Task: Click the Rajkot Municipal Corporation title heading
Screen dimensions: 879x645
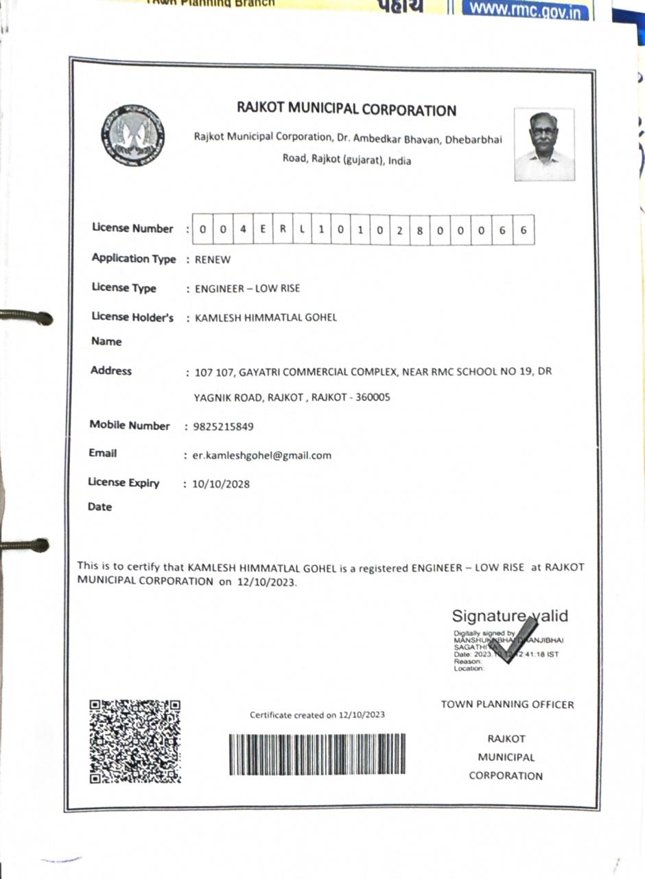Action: [347, 110]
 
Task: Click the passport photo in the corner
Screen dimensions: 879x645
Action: [544, 145]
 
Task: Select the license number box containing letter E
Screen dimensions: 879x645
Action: [262, 230]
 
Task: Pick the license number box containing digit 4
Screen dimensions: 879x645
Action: [243, 230]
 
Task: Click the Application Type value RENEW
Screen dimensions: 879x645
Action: [213, 260]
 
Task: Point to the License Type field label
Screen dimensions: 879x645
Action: [124, 288]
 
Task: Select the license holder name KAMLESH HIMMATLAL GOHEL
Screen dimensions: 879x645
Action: [266, 317]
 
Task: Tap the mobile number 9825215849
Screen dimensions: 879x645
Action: [224, 426]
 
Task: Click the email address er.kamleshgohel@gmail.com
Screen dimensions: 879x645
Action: [262, 455]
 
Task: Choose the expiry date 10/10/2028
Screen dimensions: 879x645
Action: [221, 484]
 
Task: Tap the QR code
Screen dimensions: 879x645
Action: [135, 741]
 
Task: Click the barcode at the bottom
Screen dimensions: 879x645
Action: [316, 754]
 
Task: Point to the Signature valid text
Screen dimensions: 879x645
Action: [510, 616]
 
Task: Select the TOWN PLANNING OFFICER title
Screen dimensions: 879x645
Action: [507, 705]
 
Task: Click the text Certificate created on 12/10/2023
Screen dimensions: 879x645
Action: [317, 715]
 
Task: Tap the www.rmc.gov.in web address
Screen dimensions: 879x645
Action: [526, 11]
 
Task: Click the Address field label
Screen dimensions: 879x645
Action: [111, 371]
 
